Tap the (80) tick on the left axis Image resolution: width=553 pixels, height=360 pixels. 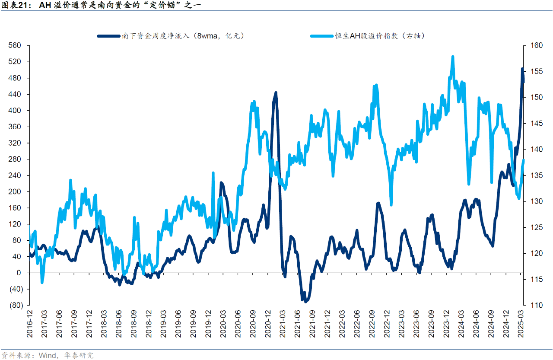(15, 305)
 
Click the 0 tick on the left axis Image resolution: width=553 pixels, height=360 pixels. (19, 273)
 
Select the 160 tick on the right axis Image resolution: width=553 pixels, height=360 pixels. (532, 46)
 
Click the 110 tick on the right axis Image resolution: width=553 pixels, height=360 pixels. (532, 305)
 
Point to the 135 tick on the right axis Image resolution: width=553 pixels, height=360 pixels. (532, 175)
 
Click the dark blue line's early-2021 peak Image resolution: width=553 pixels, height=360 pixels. (276, 92)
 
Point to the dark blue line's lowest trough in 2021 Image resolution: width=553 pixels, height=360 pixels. (305, 301)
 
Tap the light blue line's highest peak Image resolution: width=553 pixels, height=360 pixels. (452, 56)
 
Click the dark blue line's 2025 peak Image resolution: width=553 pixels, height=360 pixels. (522, 69)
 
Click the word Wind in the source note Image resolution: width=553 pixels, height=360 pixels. (47, 355)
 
